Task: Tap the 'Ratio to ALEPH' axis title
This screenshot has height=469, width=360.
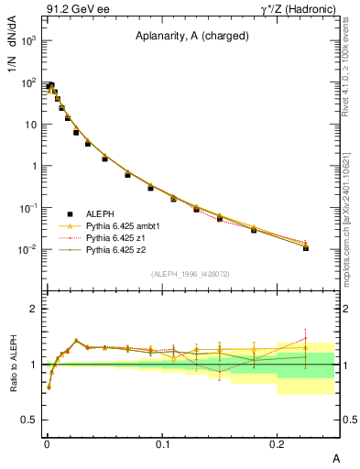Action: pyautogui.click(x=12, y=365)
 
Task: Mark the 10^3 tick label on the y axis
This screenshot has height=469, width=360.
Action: pyautogui.click(x=27, y=41)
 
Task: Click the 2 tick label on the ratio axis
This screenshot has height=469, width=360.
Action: pyautogui.click(x=34, y=309)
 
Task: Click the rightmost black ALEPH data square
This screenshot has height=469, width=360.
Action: pyautogui.click(x=306, y=248)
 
